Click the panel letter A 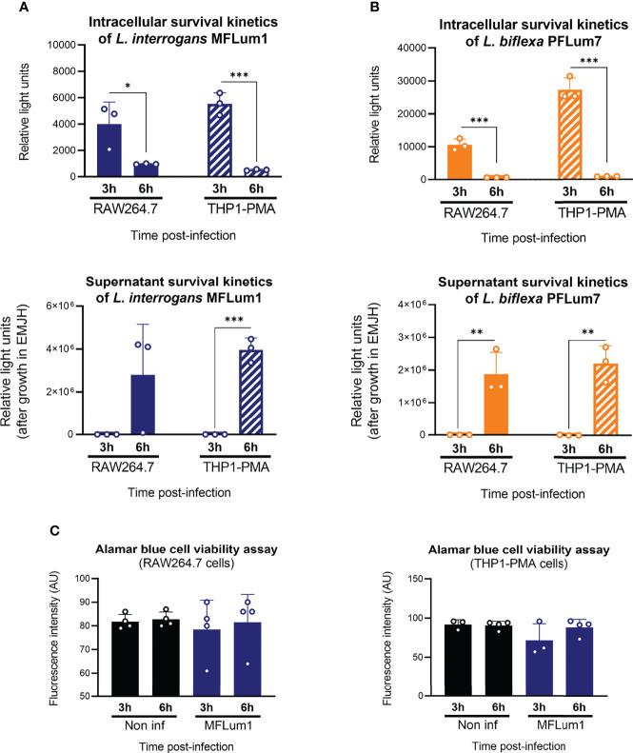pos(8,9)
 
